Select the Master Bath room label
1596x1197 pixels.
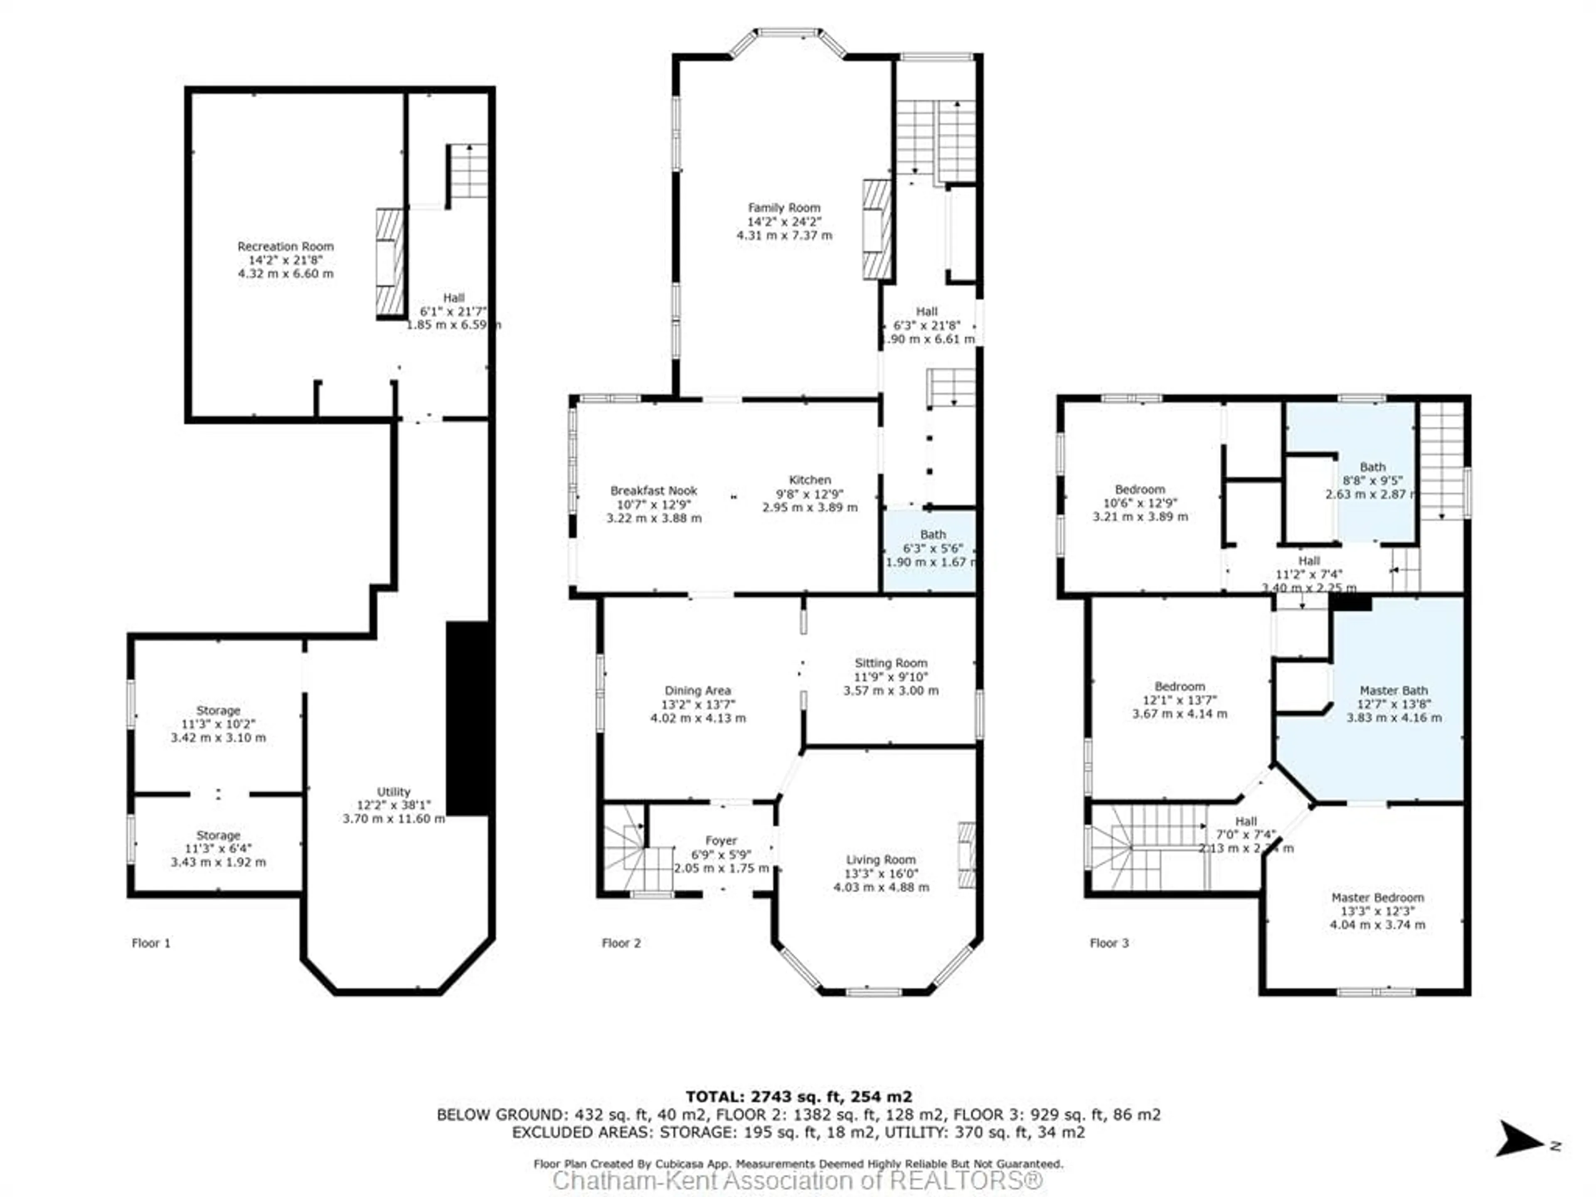coord(1393,690)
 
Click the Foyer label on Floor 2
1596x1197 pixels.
coord(721,840)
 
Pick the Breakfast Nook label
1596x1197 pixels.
coord(654,490)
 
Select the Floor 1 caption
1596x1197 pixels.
coord(151,943)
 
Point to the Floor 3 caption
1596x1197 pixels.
coord(1109,943)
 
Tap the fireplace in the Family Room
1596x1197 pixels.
coord(877,229)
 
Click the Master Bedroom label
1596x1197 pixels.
coord(1377,898)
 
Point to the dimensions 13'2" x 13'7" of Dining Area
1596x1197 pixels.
coord(698,704)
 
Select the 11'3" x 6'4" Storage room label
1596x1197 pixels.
coord(218,849)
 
